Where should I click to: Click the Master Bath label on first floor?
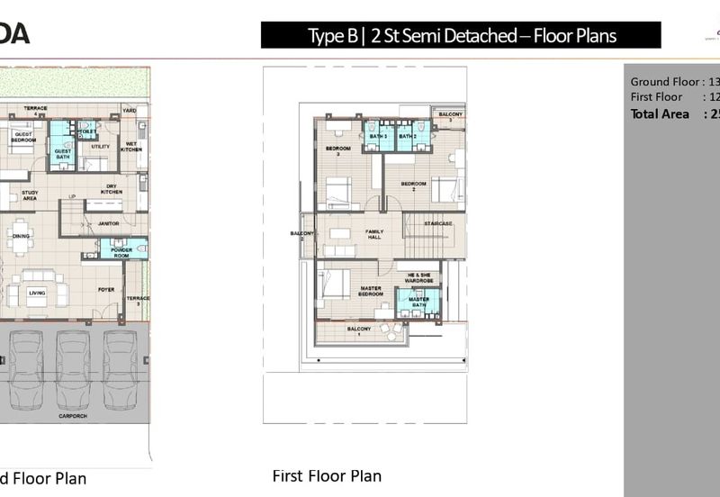coord(418,303)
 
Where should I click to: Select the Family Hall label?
coord(373,234)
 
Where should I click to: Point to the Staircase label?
coord(439,223)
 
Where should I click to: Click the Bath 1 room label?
coord(378,137)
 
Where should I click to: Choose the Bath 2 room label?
coord(407,137)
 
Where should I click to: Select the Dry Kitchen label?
coord(112,190)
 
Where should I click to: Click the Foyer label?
coord(106,289)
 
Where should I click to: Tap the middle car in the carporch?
coord(74,370)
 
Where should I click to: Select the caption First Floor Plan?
coord(327,476)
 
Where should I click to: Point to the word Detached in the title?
coord(484,36)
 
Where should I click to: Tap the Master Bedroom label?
coord(371,292)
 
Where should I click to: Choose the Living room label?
coord(37,292)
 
